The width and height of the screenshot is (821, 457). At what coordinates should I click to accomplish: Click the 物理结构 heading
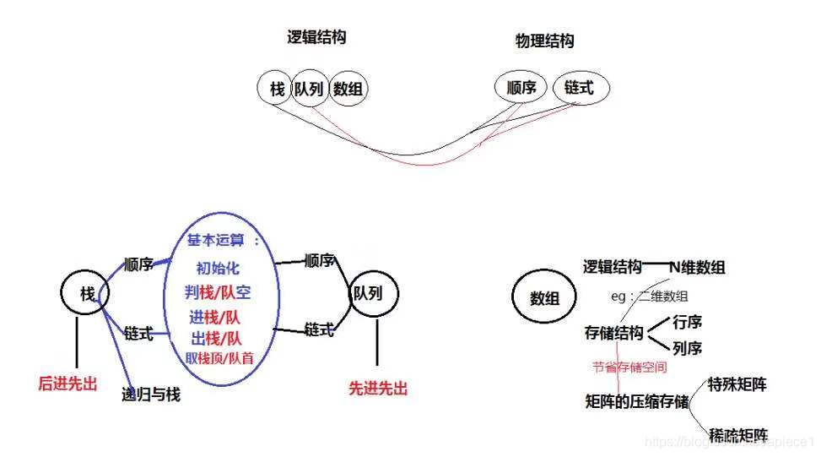[x=544, y=41]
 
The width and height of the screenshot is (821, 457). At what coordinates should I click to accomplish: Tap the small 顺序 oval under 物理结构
[x=521, y=88]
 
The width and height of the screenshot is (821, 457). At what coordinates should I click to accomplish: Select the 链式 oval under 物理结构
[x=580, y=88]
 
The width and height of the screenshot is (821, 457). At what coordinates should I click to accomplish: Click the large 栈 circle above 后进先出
[x=86, y=293]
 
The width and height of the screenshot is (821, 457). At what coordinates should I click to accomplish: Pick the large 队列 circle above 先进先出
[x=374, y=295]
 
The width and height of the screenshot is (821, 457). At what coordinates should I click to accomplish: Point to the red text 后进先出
[x=68, y=384]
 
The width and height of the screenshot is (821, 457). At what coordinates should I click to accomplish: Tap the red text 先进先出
[x=377, y=389]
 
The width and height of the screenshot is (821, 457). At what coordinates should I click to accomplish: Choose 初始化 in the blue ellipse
[x=218, y=269]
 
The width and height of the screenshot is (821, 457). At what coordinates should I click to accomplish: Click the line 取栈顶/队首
[x=219, y=358]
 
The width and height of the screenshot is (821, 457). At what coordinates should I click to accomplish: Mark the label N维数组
[x=697, y=267]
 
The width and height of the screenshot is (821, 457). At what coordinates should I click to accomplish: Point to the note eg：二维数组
[x=649, y=297]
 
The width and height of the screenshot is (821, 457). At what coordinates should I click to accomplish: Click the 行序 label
[x=688, y=322]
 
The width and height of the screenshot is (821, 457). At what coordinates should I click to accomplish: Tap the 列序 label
[x=688, y=348]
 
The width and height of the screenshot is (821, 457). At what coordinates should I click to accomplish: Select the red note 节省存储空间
[x=629, y=367]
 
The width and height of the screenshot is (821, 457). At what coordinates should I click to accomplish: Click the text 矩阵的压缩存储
[x=636, y=399]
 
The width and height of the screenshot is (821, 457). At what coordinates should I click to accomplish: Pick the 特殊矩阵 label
[x=737, y=384]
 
